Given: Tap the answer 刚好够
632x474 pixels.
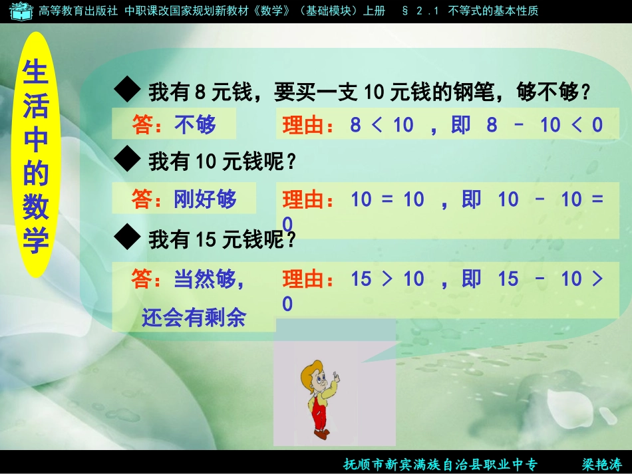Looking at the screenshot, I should pyautogui.click(x=205, y=199).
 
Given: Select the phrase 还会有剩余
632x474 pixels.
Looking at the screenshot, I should pyautogui.click(x=194, y=318).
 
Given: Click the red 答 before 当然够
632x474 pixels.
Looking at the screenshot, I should pyautogui.click(x=142, y=279).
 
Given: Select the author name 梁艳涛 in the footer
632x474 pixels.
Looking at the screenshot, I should pyautogui.click(x=601, y=464).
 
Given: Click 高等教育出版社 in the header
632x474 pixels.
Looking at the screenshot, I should pyautogui.click(x=79, y=11).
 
